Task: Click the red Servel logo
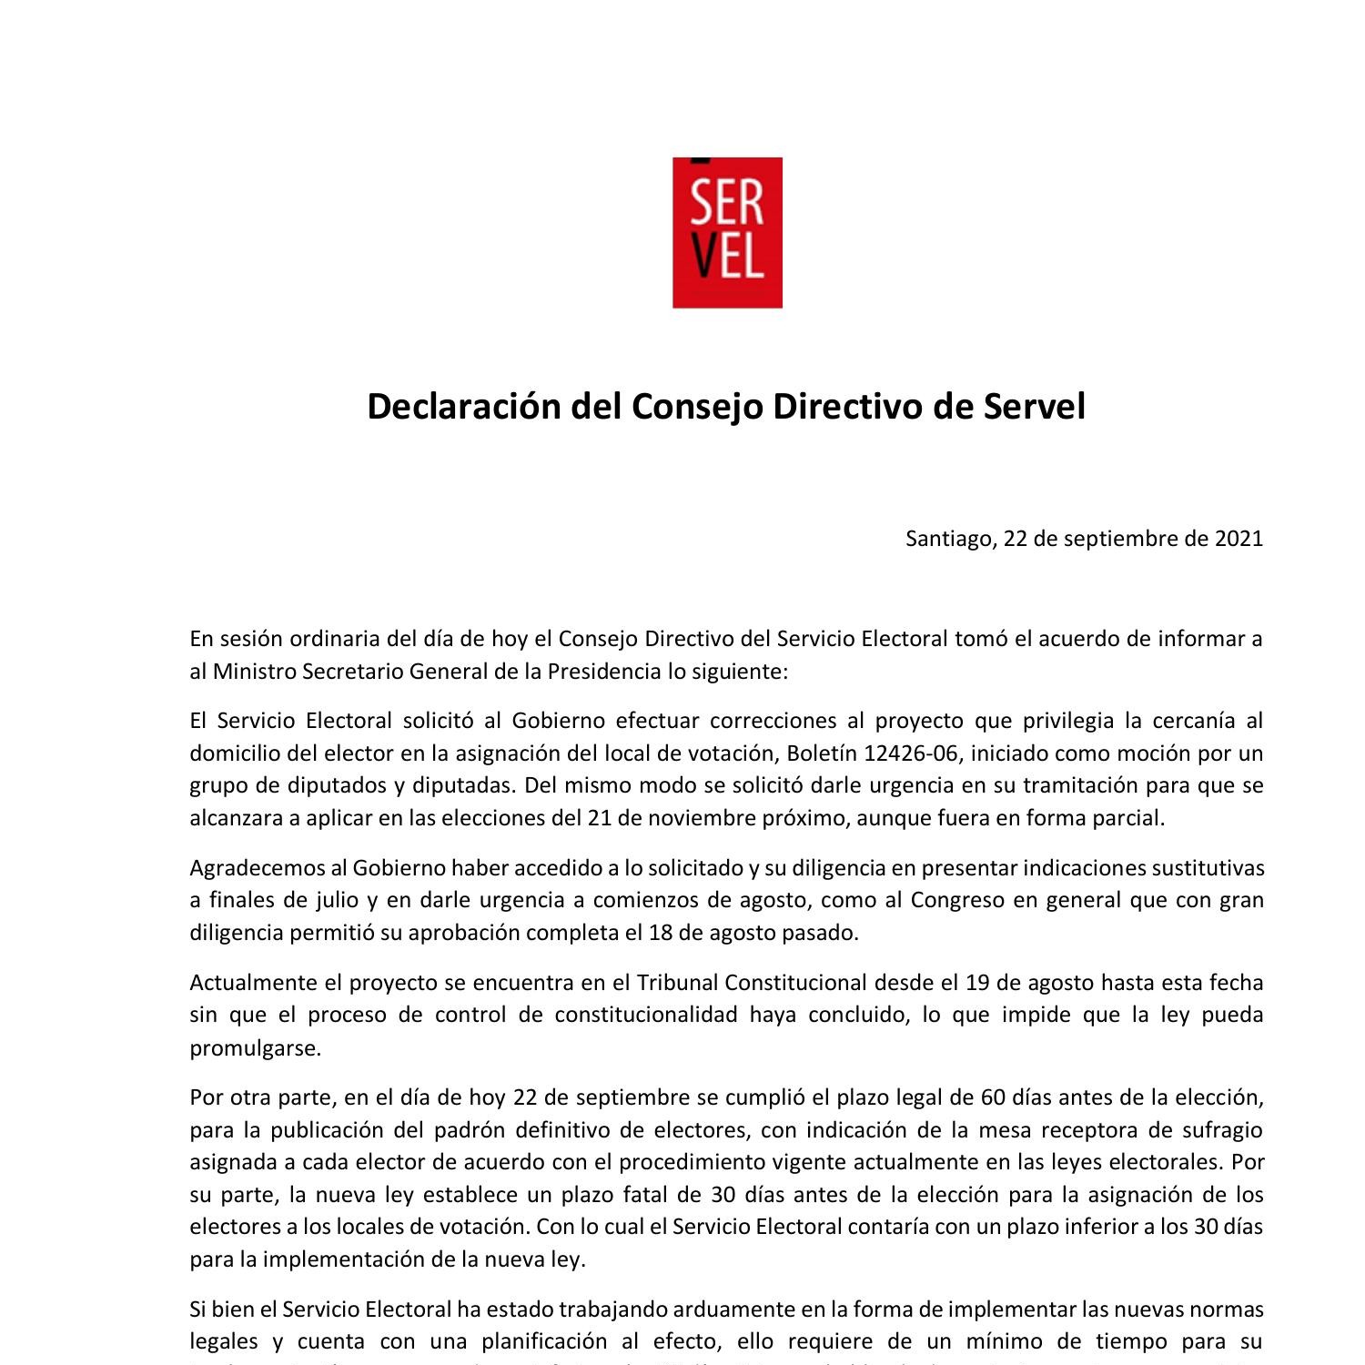click(727, 232)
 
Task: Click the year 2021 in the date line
click(1239, 539)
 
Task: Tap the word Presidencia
click(603, 672)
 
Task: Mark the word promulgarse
click(255, 1048)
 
